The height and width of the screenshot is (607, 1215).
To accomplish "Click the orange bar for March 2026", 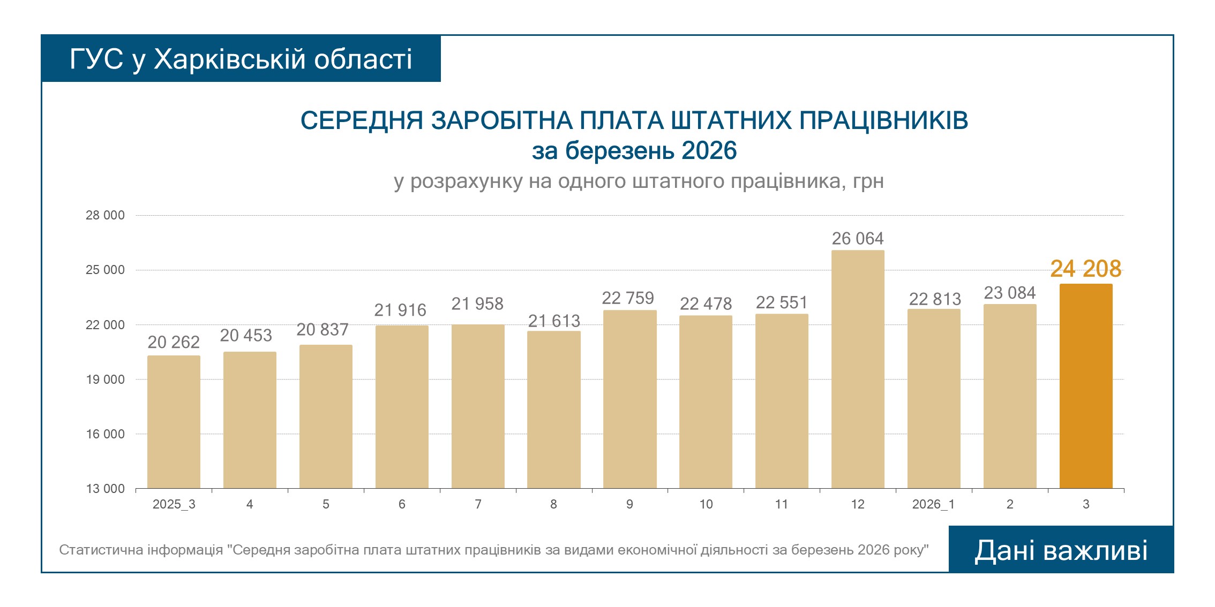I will pyautogui.click(x=1086, y=386).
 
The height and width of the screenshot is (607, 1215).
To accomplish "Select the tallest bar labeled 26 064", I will pyautogui.click(x=858, y=369).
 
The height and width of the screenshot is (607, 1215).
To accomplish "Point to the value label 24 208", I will pyautogui.click(x=1086, y=269).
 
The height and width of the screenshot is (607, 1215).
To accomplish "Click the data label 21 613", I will pyautogui.click(x=554, y=321).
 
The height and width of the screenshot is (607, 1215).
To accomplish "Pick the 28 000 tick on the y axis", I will pyautogui.click(x=105, y=215).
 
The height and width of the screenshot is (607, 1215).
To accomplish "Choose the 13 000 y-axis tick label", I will pyautogui.click(x=105, y=489).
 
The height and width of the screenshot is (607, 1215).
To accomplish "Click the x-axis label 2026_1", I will pyautogui.click(x=933, y=504).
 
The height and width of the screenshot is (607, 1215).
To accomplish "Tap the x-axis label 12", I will pyautogui.click(x=858, y=504).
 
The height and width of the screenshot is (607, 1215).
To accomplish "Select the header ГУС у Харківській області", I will pyautogui.click(x=241, y=59).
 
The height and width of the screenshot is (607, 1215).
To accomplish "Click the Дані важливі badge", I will pyautogui.click(x=1061, y=550).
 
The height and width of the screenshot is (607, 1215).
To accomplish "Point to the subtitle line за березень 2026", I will pyautogui.click(x=634, y=151).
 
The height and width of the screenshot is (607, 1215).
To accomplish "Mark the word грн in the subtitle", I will pyautogui.click(x=868, y=181).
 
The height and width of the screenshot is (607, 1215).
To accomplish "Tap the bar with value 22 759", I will pyautogui.click(x=629, y=399).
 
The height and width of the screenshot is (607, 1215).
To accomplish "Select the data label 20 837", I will pyautogui.click(x=322, y=329).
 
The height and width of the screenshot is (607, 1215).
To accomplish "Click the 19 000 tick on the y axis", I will pyautogui.click(x=105, y=380).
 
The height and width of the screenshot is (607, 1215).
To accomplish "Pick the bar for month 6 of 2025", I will pyautogui.click(x=402, y=407).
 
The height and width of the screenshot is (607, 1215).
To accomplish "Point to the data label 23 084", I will pyautogui.click(x=1010, y=293).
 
